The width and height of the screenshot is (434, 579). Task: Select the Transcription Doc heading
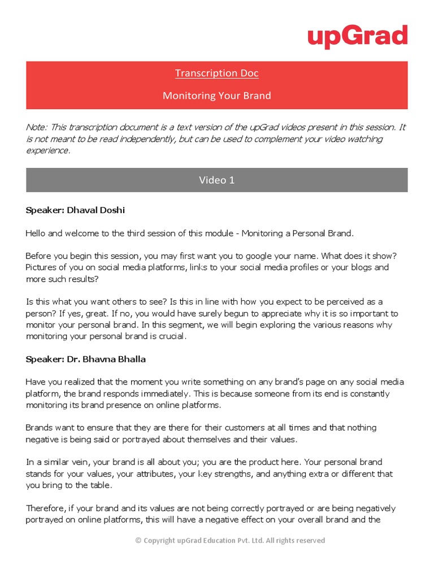click(216, 73)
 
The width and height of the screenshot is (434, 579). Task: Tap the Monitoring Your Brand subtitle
click(216, 96)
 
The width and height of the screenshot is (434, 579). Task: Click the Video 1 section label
click(216, 180)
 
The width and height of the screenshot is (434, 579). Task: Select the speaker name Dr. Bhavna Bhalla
click(106, 359)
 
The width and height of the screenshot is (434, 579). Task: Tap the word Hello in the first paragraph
click(37, 232)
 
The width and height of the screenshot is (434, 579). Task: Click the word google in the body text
click(241, 255)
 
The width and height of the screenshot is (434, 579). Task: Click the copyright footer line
click(230, 541)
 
